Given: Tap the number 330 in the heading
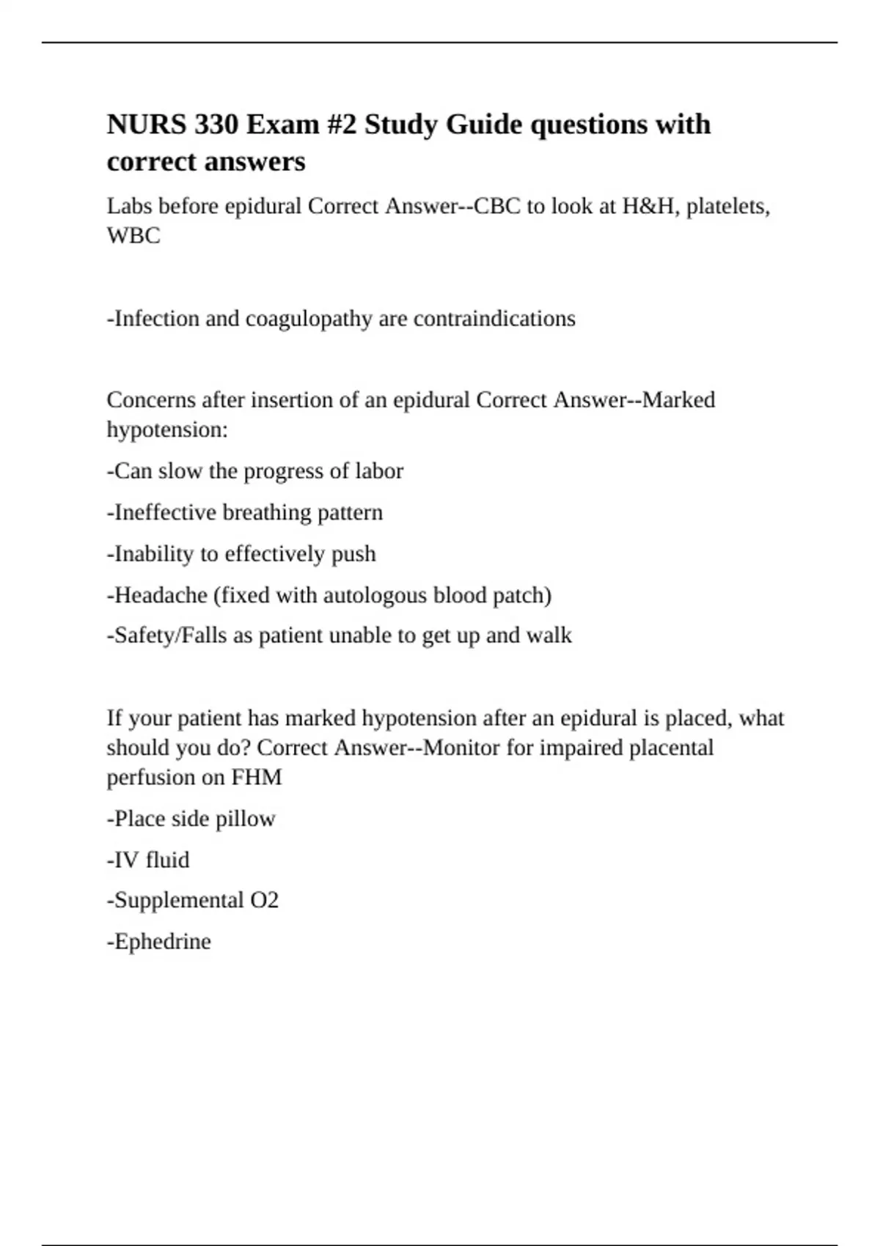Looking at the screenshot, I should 216,125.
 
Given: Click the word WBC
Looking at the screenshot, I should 133,236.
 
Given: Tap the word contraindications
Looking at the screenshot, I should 494,319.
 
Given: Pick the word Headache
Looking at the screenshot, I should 161,595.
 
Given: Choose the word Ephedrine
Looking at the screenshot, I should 162,941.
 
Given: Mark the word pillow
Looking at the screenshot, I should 245,819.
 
